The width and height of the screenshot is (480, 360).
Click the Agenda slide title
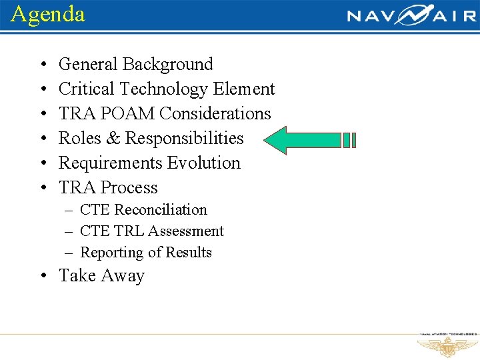[x=48, y=14]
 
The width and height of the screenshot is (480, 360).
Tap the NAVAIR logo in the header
[x=411, y=15]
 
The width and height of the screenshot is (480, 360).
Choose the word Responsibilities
[x=184, y=139]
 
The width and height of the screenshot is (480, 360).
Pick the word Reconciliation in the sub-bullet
[x=161, y=210]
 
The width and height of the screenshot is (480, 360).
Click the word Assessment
[x=186, y=231]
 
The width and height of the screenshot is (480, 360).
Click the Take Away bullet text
[x=101, y=276]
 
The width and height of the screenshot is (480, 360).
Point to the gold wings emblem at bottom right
[x=447, y=347]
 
